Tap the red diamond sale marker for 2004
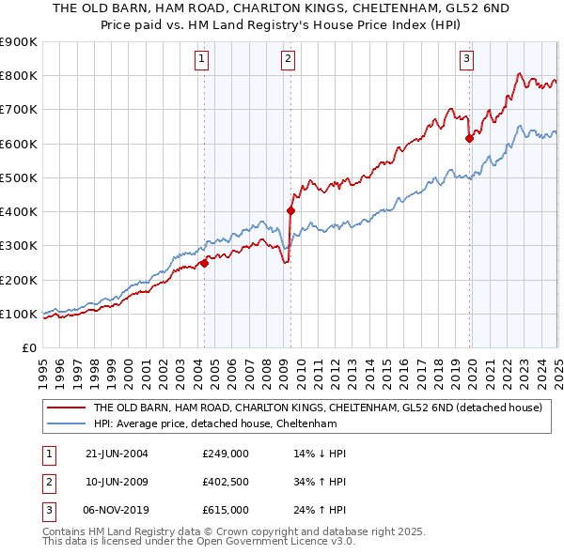pos(204,263)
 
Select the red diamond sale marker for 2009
pos(290,211)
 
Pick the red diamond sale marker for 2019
pos(469,138)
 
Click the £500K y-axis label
pos(19,177)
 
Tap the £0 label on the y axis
pos(28,347)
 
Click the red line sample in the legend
pos(64,408)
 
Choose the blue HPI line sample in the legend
pos(64,423)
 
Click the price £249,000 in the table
pos(225,454)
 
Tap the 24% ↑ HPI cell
pos(321,510)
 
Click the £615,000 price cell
pos(225,510)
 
